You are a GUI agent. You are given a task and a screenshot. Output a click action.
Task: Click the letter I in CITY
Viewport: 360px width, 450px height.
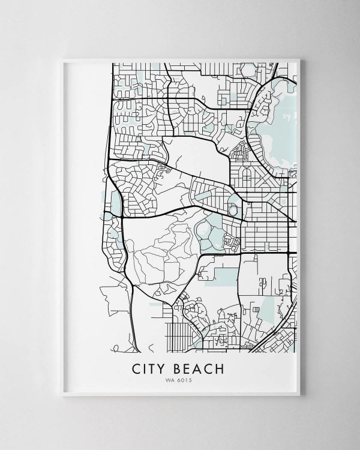click(x=145, y=368)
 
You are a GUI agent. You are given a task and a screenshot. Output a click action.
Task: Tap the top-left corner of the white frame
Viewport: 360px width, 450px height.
click(x=63, y=59)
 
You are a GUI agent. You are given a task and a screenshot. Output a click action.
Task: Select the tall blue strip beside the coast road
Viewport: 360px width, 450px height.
click(x=115, y=203)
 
